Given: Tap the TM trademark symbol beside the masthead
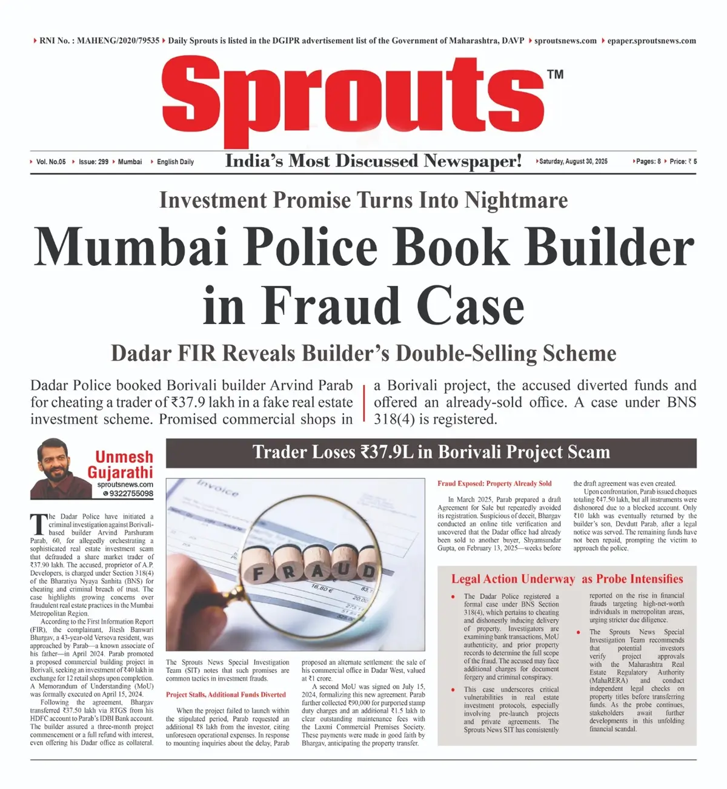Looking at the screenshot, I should click(x=555, y=74).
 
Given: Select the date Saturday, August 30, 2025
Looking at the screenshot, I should click(x=573, y=162).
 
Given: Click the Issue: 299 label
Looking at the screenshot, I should click(x=93, y=162).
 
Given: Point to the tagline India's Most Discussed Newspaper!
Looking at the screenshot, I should click(x=373, y=161).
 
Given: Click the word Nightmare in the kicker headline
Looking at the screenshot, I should click(x=516, y=200).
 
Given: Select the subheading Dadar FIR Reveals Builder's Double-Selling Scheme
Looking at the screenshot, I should click(x=363, y=354).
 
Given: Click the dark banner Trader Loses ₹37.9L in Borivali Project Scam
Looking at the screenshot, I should click(x=431, y=453).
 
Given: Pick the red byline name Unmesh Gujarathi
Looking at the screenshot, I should click(x=120, y=464).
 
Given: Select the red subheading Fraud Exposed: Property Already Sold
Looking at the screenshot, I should click(x=494, y=483).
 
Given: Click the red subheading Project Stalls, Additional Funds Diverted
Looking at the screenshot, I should click(x=225, y=695).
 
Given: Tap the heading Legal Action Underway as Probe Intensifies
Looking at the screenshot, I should click(x=566, y=579).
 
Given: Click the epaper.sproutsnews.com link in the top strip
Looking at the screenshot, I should click(x=651, y=41).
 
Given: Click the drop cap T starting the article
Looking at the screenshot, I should click(x=38, y=524).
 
